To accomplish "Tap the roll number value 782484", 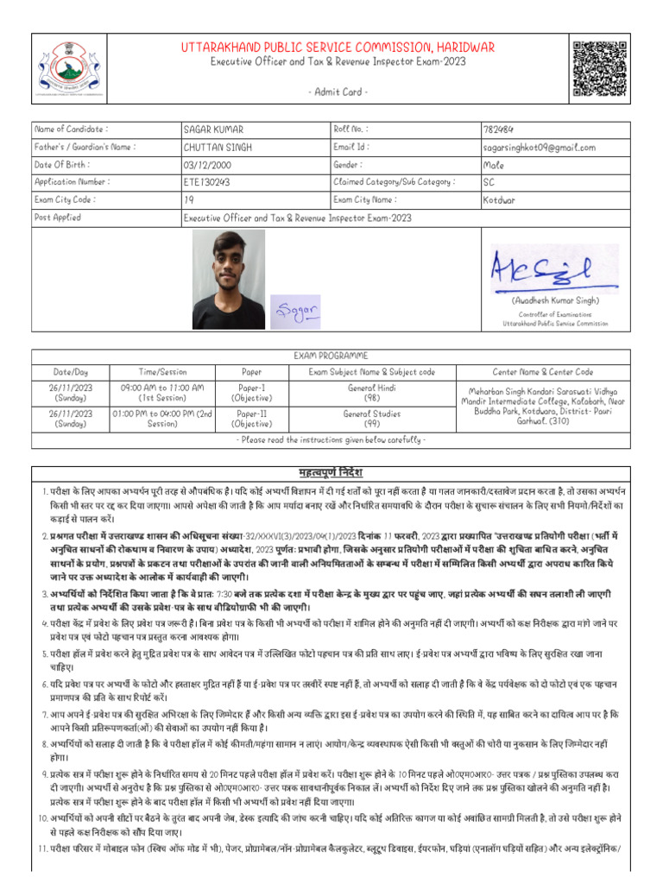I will click(x=499, y=129).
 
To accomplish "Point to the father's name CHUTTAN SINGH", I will click(x=218, y=148).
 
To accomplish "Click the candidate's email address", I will click(x=540, y=148).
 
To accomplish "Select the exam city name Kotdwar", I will click(x=500, y=200).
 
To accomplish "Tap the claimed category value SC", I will click(x=489, y=182).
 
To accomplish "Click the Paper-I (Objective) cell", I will click(x=251, y=394).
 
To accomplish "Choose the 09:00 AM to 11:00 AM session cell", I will click(x=162, y=394).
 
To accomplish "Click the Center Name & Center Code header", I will click(x=543, y=372).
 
